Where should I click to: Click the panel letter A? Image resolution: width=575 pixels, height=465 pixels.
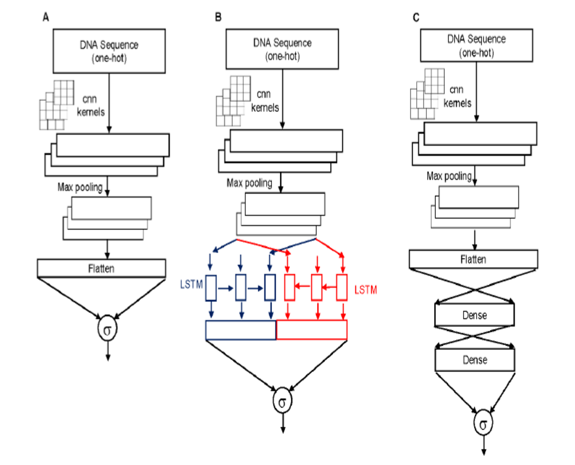click(x=46, y=17)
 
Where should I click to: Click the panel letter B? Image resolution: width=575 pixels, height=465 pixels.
click(x=218, y=17)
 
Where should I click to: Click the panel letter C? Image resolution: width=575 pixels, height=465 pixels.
click(x=416, y=17)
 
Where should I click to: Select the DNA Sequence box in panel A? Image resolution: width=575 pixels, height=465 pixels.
click(x=109, y=51)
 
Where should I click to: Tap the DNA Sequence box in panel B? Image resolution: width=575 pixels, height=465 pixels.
click(x=282, y=49)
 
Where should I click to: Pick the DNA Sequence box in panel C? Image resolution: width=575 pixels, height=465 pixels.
click(x=476, y=45)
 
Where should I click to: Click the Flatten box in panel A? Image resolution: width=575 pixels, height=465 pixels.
click(x=101, y=268)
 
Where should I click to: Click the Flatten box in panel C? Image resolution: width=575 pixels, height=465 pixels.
click(x=473, y=259)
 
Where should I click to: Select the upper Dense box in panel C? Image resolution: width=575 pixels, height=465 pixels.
click(x=474, y=315)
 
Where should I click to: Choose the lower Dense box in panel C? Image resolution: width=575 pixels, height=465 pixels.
click(x=474, y=360)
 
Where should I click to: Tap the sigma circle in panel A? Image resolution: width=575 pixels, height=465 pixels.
click(x=107, y=329)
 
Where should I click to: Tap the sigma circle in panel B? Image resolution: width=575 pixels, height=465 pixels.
click(x=282, y=401)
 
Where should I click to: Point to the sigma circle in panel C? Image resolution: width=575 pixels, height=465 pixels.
click(x=483, y=423)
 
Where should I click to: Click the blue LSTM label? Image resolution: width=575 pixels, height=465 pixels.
click(x=191, y=284)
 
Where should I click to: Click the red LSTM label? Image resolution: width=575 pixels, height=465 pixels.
click(x=365, y=290)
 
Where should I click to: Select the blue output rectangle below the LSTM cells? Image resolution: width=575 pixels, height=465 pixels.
click(x=241, y=330)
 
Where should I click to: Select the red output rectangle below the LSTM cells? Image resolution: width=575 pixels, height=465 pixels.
click(x=312, y=330)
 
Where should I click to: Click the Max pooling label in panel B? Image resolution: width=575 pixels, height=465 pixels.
click(x=249, y=183)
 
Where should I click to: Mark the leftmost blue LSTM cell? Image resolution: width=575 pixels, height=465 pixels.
click(x=211, y=288)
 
